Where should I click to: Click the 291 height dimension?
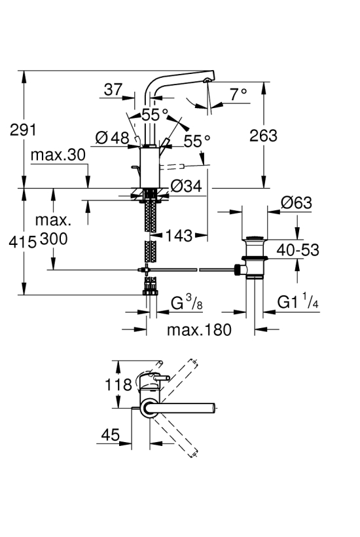(23, 130)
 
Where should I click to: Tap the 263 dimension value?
(263, 136)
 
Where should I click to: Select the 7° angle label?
(238, 94)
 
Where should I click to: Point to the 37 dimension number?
(113, 89)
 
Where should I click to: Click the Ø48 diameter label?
(112, 138)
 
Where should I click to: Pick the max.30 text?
(58, 155)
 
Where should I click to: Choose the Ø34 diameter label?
(187, 186)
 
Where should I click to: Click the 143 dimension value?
(179, 235)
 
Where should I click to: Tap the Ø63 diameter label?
(297, 203)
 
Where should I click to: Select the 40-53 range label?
(298, 250)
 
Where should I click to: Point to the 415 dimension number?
(23, 242)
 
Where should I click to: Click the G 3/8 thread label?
(187, 303)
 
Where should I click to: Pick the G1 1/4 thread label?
(298, 302)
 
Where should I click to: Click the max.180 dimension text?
(199, 330)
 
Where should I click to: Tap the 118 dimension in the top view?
(118, 384)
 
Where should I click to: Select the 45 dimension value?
(111, 435)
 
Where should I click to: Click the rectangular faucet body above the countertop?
(151, 167)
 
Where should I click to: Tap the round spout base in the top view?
(149, 408)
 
